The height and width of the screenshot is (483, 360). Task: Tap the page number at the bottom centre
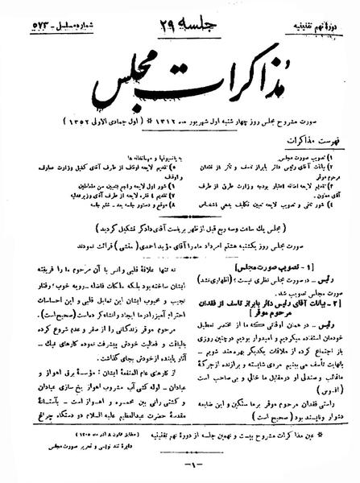coord(179,468)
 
